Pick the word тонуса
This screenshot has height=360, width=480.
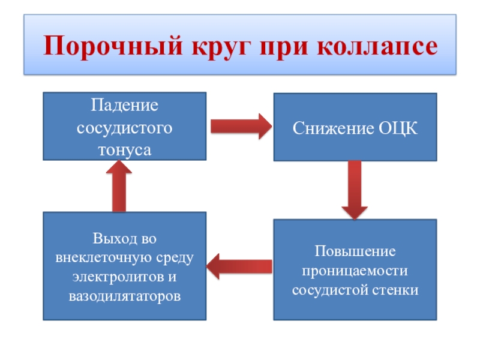[x=124, y=149]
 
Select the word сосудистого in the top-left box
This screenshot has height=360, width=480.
[x=124, y=128]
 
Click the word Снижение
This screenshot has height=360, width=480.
[x=334, y=128]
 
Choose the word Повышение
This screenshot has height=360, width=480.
[x=355, y=250]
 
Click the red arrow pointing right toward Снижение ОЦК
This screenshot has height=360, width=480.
[x=241, y=126]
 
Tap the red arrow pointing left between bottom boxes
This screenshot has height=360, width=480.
[x=239, y=266]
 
